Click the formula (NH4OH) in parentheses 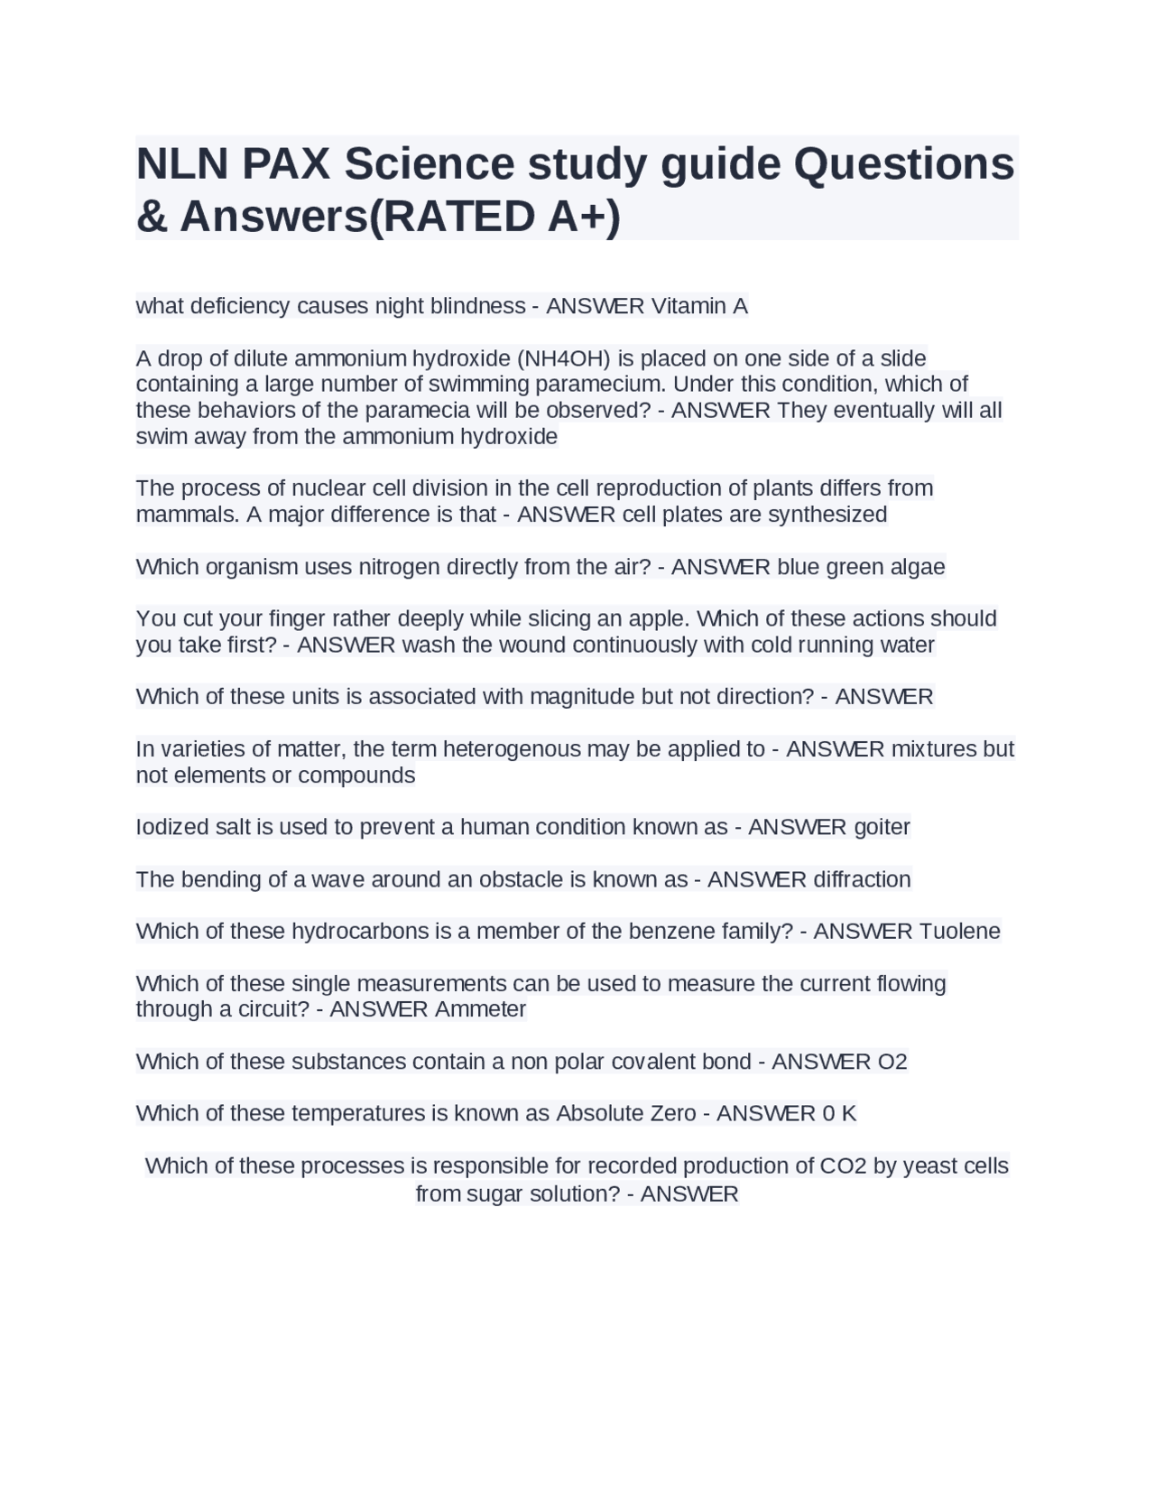564,358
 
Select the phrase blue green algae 861,567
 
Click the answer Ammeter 480,1009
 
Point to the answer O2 892,1062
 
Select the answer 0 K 839,1113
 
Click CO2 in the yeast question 843,1165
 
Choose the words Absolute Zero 625,1113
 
